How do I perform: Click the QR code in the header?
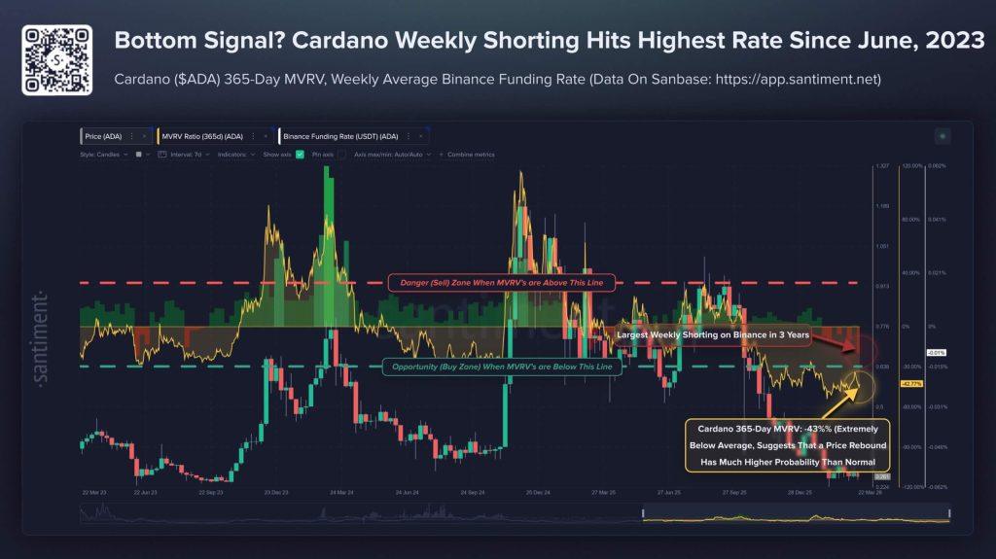tap(56, 59)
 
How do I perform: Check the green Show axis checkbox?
tap(300, 155)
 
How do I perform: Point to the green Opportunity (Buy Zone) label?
tap(497, 367)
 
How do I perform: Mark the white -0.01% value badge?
tap(936, 352)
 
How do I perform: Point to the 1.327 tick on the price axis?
tap(882, 166)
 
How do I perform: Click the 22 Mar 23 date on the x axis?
tap(94, 493)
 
